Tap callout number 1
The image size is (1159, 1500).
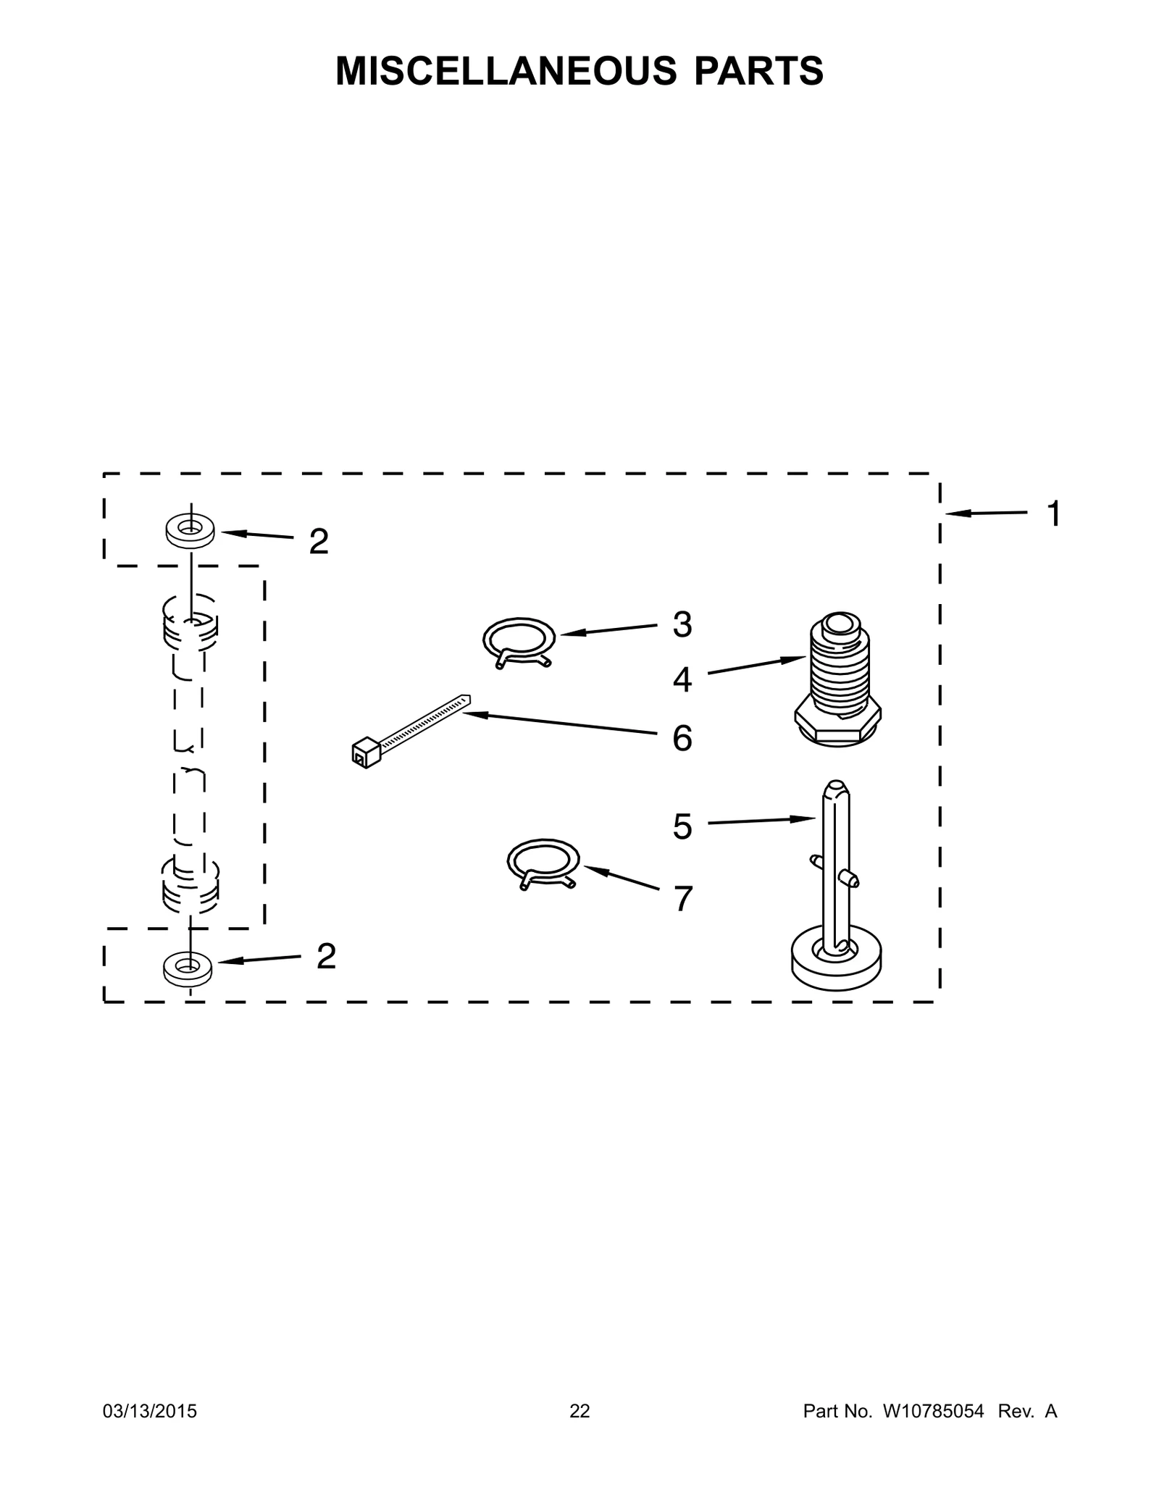pyautogui.click(x=1054, y=514)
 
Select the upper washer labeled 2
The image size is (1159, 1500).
pyautogui.click(x=190, y=531)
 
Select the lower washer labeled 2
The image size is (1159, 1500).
pyautogui.click(x=188, y=968)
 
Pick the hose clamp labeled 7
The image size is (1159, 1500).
pyautogui.click(x=543, y=862)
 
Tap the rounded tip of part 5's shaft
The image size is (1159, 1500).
pyautogui.click(x=835, y=787)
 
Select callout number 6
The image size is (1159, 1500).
pyautogui.click(x=682, y=739)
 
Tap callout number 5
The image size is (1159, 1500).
pyautogui.click(x=682, y=826)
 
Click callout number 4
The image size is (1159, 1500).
pyautogui.click(x=682, y=679)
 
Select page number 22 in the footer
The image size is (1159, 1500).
pyautogui.click(x=579, y=1411)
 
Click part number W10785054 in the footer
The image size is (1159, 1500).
pyautogui.click(x=933, y=1411)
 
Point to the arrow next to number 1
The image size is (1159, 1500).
pyautogui.click(x=985, y=514)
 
